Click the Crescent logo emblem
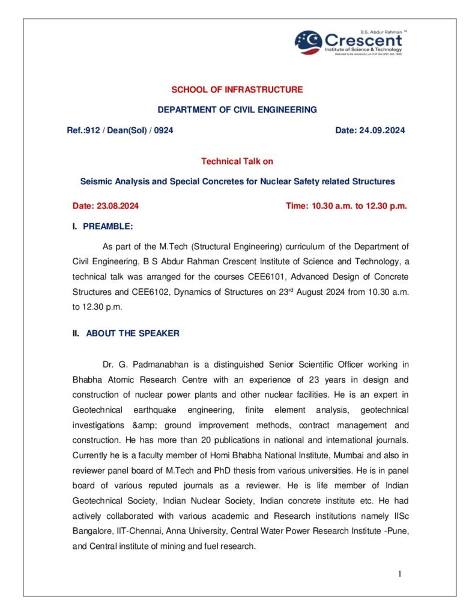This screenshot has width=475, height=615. (309, 42)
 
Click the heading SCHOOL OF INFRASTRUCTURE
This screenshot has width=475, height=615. (237, 89)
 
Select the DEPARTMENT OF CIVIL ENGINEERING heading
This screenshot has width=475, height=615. (237, 110)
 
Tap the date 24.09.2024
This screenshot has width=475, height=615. (383, 130)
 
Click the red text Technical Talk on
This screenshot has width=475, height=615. (237, 161)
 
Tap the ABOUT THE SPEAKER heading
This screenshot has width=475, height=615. (133, 333)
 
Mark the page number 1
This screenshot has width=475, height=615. (400, 574)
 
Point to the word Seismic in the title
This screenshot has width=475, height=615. (95, 181)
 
